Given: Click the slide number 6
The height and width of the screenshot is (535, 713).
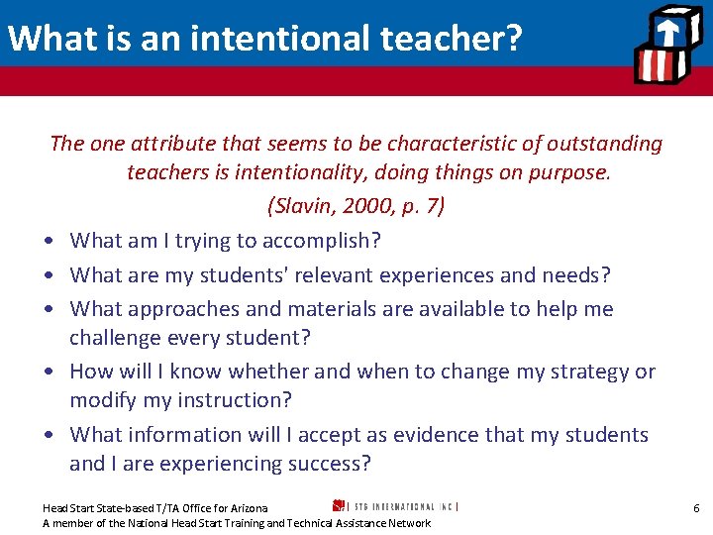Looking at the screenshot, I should point(696,508).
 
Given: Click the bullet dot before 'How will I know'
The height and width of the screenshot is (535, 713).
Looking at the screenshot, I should point(49,373).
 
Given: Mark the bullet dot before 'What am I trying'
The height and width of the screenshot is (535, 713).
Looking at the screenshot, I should point(49,242).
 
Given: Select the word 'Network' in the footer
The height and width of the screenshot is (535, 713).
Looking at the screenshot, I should point(409,523).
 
